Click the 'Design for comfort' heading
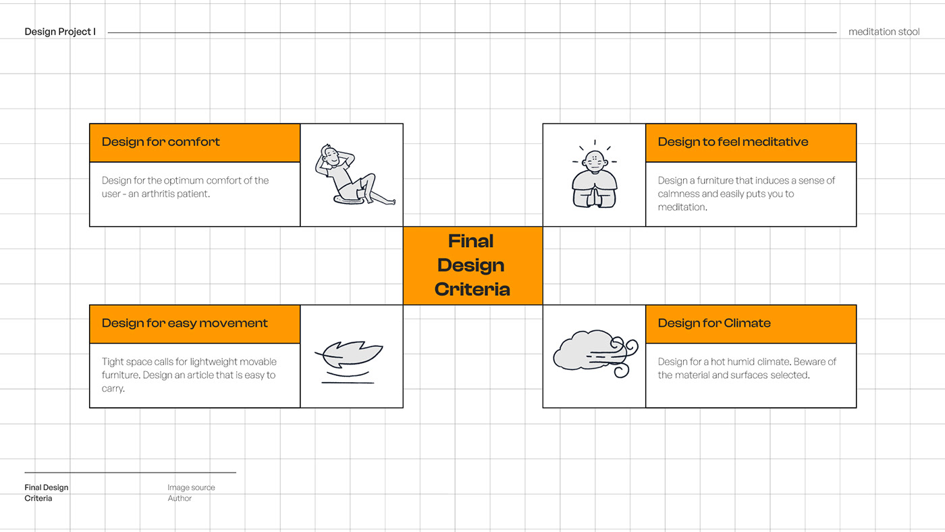click(x=161, y=142)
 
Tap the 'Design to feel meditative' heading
click(x=732, y=142)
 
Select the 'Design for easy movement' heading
click(x=184, y=323)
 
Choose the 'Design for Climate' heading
click(x=713, y=323)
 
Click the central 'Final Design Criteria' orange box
click(x=473, y=265)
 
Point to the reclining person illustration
click(x=352, y=175)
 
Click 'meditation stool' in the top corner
click(x=884, y=32)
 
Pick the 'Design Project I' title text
click(x=60, y=32)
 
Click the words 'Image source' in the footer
click(x=191, y=487)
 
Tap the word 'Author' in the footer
click(x=180, y=498)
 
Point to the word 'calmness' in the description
click(x=678, y=194)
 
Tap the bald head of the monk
click(x=594, y=160)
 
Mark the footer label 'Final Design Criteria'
click(x=46, y=493)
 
